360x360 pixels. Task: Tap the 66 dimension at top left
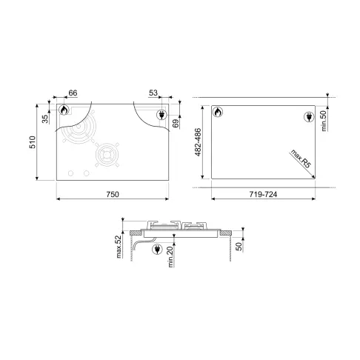pyautogui.click(x=73, y=93)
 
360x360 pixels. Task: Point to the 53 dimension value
pyautogui.click(x=153, y=93)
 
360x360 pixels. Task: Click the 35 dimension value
pyautogui.click(x=45, y=117)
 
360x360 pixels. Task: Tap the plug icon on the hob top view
pyautogui.click(x=161, y=114)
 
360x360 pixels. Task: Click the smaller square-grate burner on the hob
pyautogui.click(x=110, y=156)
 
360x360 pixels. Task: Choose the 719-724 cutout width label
pyautogui.click(x=263, y=193)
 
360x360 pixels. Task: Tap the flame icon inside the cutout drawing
pyautogui.click(x=218, y=113)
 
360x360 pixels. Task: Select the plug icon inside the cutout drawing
pyautogui.click(x=308, y=116)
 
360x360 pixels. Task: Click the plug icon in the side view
pyautogui.click(x=157, y=250)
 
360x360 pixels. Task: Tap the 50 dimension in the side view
pyautogui.click(x=239, y=246)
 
